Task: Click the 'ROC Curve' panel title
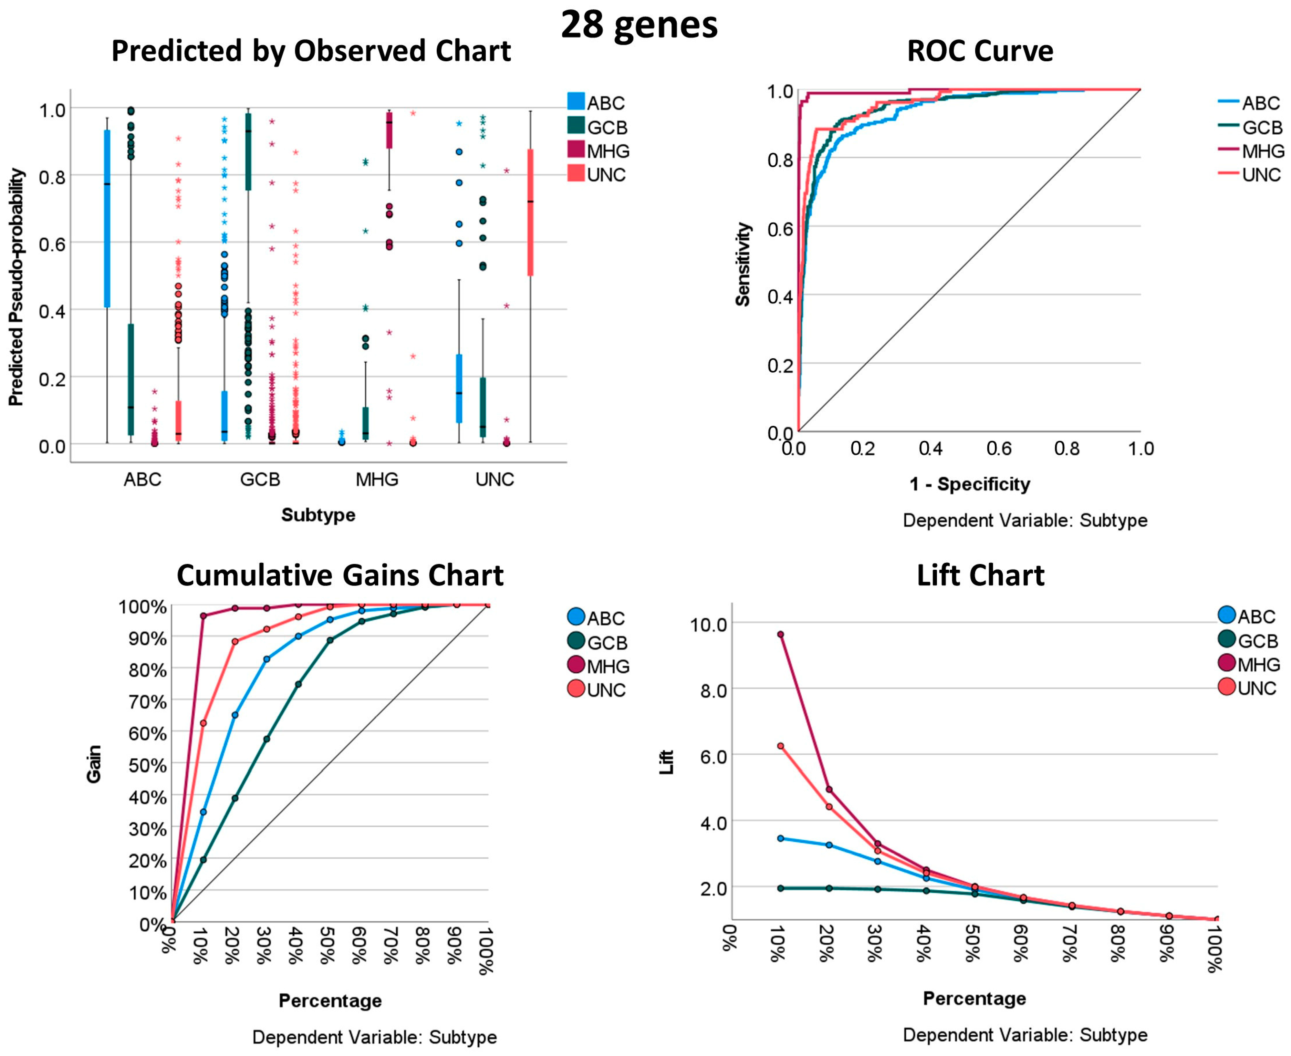tap(980, 51)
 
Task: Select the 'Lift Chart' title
tap(980, 576)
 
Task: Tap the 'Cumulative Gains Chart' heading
tap(340, 576)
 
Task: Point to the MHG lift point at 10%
tap(780, 634)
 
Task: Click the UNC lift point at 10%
tap(780, 746)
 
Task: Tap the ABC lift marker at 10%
tap(780, 838)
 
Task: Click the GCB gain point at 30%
tap(266, 739)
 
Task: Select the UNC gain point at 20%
tap(235, 641)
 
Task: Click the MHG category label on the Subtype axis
tap(377, 479)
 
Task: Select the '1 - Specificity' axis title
tap(969, 484)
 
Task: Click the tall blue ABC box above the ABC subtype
tap(107, 218)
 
